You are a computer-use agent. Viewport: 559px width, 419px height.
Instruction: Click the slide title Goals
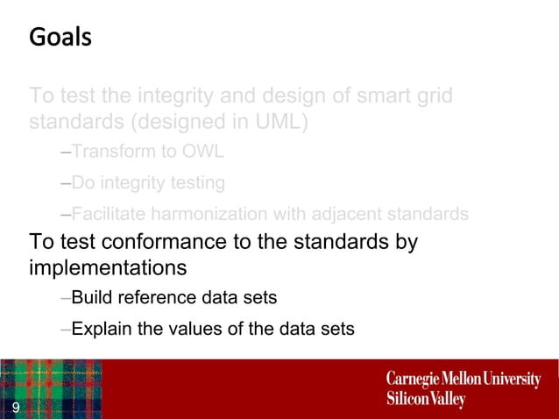coord(60,39)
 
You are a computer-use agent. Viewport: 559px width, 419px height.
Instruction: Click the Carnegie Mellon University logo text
coord(463,379)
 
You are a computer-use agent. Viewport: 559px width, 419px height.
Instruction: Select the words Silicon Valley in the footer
coord(426,399)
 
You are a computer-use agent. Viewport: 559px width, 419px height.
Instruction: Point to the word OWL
coord(203,151)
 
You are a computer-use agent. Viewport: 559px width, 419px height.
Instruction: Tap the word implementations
coord(108,266)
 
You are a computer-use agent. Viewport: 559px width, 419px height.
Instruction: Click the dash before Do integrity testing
coord(66,183)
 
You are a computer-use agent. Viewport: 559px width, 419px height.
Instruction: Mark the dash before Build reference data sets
coord(66,299)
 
